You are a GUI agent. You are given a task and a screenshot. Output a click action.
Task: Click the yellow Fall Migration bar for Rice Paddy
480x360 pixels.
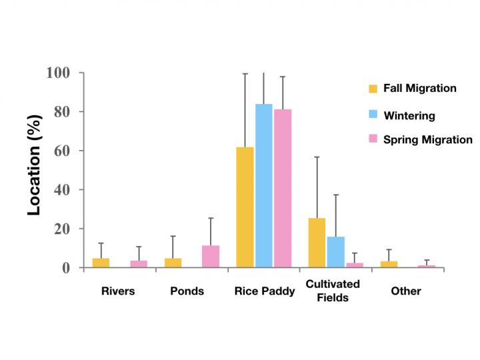pyautogui.click(x=245, y=207)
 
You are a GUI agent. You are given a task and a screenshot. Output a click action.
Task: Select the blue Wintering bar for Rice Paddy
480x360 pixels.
pyautogui.click(x=264, y=186)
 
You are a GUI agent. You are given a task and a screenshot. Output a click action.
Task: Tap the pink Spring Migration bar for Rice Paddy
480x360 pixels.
pyautogui.click(x=283, y=188)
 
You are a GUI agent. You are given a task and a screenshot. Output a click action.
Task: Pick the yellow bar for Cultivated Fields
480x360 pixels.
pyautogui.click(x=317, y=243)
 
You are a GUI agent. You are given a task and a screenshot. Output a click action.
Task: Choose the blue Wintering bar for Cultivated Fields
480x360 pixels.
pyautogui.click(x=336, y=252)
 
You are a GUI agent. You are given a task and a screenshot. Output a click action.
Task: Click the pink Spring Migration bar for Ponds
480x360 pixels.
pyautogui.click(x=211, y=257)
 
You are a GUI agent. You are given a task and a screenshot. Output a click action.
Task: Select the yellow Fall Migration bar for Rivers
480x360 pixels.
pyautogui.click(x=101, y=263)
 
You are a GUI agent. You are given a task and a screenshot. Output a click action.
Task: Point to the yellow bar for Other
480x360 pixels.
pyautogui.click(x=389, y=264)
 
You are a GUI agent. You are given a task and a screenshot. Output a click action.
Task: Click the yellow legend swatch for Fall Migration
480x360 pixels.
pyautogui.click(x=374, y=89)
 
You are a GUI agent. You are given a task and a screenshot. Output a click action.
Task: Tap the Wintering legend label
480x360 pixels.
pyautogui.click(x=409, y=115)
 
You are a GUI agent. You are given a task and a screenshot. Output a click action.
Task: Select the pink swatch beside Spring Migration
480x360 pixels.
pyautogui.click(x=374, y=139)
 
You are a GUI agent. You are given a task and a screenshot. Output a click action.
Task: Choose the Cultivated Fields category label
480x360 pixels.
pyautogui.click(x=333, y=291)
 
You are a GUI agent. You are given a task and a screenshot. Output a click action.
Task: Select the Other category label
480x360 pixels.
pyautogui.click(x=406, y=291)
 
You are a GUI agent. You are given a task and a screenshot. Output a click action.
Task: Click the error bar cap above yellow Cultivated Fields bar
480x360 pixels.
pyautogui.click(x=317, y=157)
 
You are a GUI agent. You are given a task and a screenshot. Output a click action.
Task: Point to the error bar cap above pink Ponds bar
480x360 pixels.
pyautogui.click(x=211, y=218)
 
